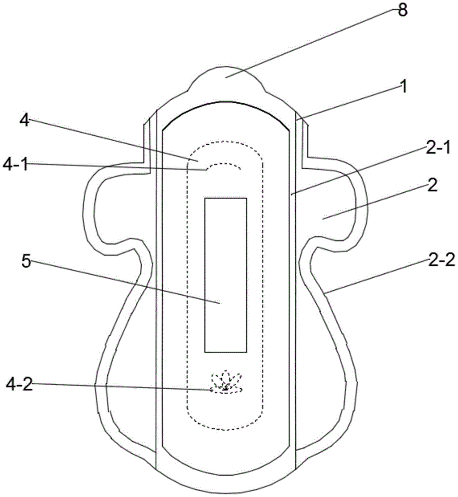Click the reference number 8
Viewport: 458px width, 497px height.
pos(402,10)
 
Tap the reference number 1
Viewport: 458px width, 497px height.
pos(403,86)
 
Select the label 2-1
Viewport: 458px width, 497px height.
pos(438,148)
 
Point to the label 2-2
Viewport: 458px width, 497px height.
pos(442,260)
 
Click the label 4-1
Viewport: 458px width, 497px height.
pos(15,165)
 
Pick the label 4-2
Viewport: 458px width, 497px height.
pos(19,385)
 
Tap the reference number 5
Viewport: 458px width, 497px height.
pos(26,261)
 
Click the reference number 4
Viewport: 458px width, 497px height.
pos(25,120)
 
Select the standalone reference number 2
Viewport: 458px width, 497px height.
pos(432,185)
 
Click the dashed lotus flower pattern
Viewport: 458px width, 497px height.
pos(225,382)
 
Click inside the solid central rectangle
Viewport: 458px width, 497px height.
pos(225,275)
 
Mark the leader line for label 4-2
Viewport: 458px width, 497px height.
pos(122,387)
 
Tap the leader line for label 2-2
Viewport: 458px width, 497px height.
pos(376,277)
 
